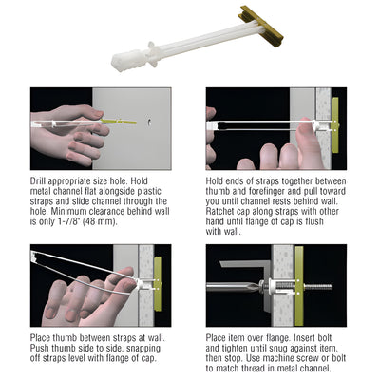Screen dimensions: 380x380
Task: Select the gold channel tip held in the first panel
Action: [115, 120]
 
